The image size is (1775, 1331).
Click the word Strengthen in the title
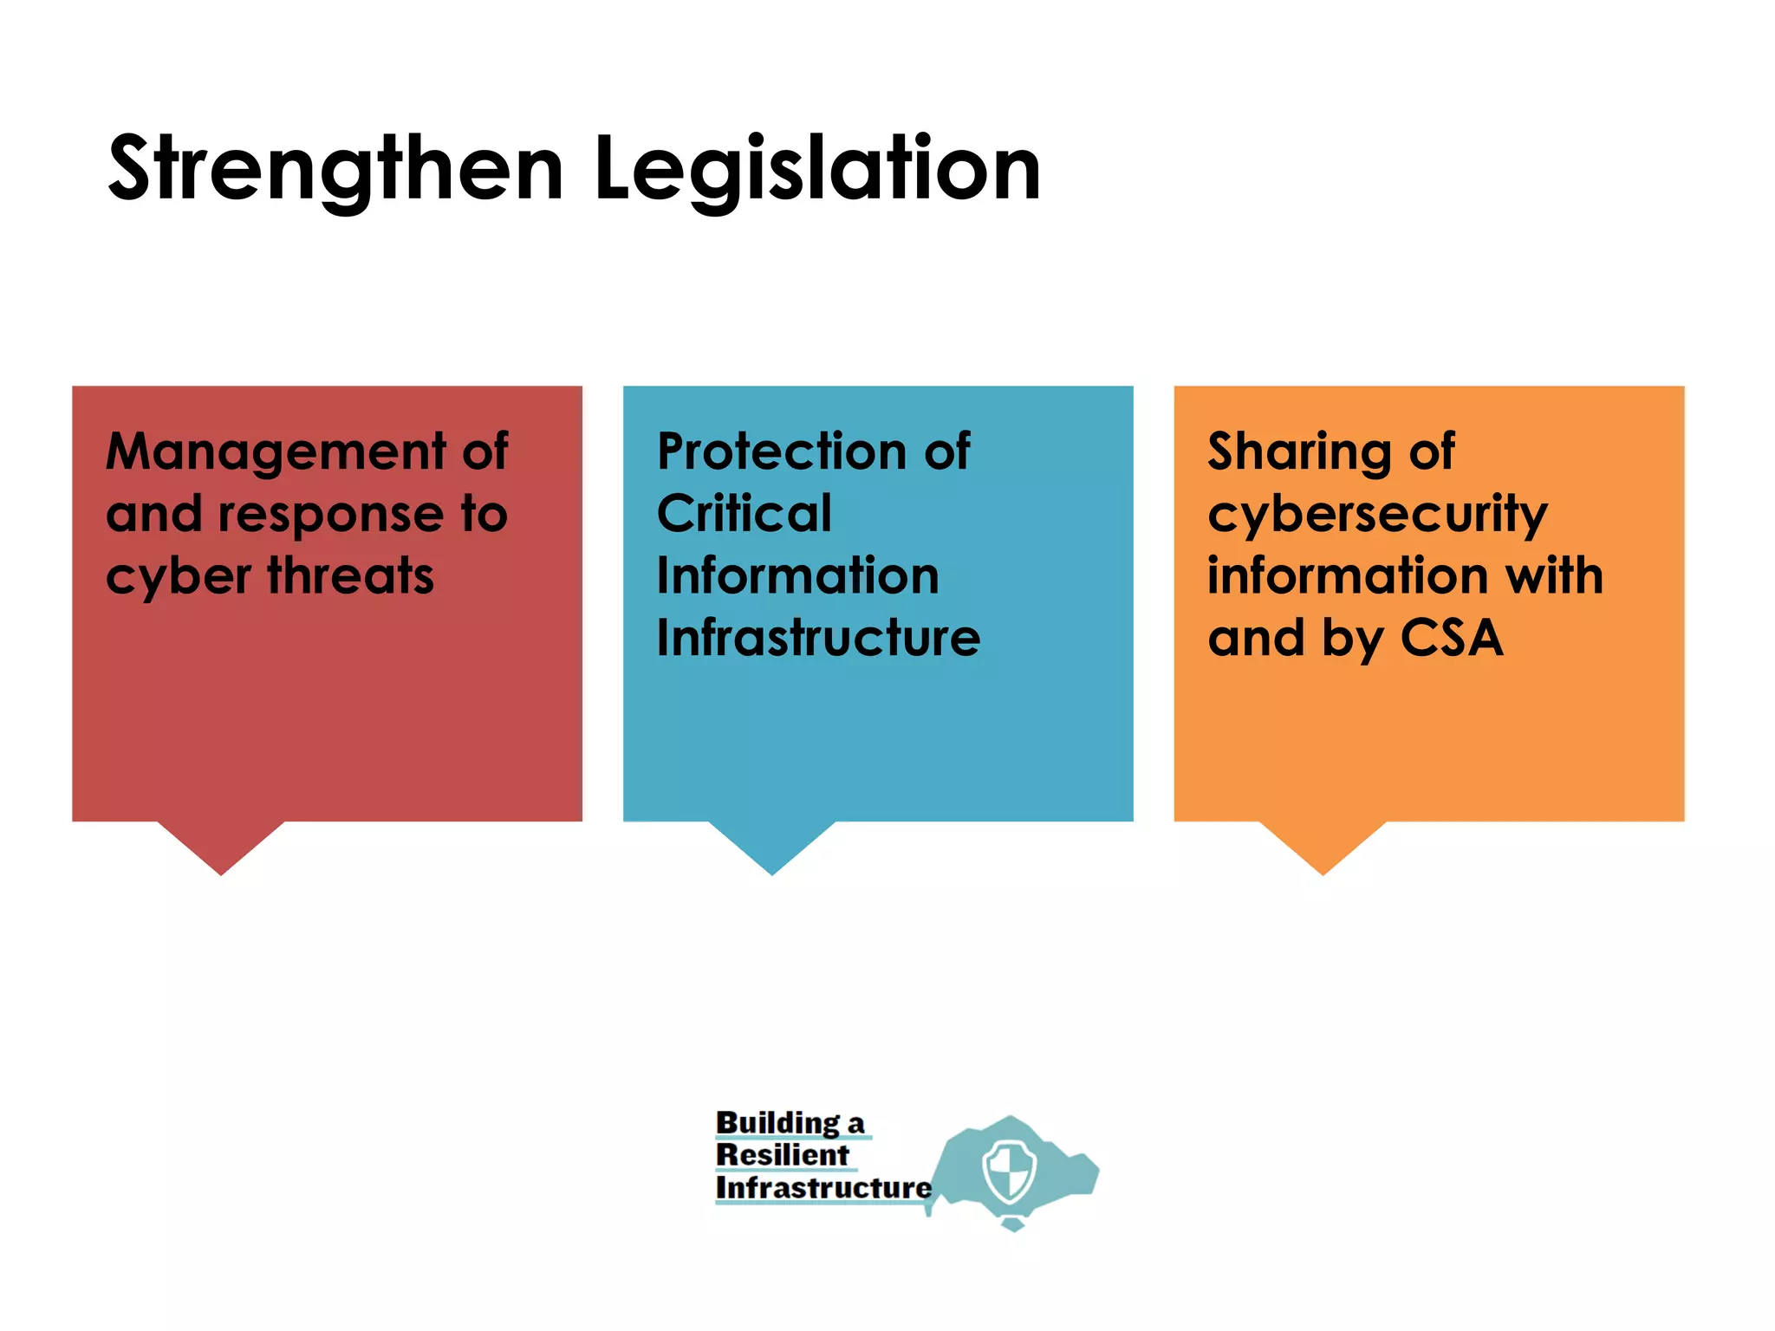(336, 169)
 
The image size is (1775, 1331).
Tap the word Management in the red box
(276, 452)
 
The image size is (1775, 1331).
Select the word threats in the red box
(350, 576)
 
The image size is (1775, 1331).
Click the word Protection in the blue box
(776, 452)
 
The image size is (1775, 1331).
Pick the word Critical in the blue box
(744, 514)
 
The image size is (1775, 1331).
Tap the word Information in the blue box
(797, 576)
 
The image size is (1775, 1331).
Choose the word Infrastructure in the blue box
(818, 639)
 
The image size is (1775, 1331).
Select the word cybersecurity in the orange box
(1377, 516)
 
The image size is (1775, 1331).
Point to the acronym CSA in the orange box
(1452, 639)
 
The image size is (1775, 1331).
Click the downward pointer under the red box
(221, 845)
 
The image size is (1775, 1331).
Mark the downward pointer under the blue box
(772, 845)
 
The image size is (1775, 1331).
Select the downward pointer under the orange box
(1323, 845)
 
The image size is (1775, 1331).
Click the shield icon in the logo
(1010, 1171)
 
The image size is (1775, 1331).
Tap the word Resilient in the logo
(783, 1155)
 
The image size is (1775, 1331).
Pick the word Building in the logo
(777, 1123)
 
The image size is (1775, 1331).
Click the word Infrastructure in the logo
(823, 1188)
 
